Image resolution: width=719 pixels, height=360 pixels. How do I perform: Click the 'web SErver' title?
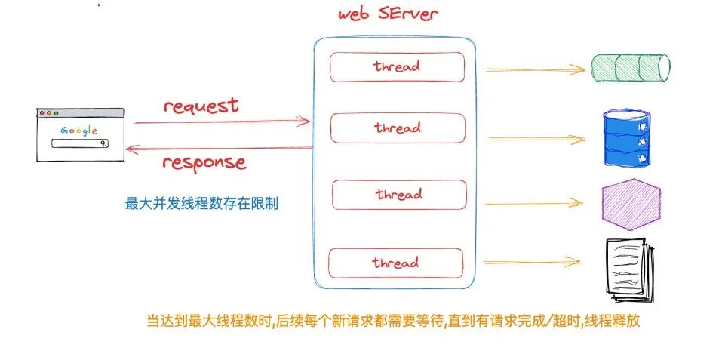click(387, 14)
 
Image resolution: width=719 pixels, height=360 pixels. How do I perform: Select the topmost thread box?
click(397, 66)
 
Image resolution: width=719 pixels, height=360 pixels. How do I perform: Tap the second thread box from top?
click(397, 128)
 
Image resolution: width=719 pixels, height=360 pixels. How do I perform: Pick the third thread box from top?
click(398, 195)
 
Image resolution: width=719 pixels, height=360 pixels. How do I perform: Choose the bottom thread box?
click(395, 263)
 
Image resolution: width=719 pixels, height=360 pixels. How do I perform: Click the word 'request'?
click(201, 106)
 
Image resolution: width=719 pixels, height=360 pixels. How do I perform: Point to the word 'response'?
click(204, 162)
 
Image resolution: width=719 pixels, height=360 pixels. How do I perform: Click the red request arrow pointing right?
click(222, 121)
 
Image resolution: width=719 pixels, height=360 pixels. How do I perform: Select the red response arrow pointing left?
click(219, 149)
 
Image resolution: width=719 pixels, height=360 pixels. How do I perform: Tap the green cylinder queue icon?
click(630, 67)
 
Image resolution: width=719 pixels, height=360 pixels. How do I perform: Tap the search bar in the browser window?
click(81, 143)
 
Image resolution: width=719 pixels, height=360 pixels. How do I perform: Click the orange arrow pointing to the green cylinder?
click(535, 69)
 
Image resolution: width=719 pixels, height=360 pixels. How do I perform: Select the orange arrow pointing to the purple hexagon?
click(535, 204)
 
